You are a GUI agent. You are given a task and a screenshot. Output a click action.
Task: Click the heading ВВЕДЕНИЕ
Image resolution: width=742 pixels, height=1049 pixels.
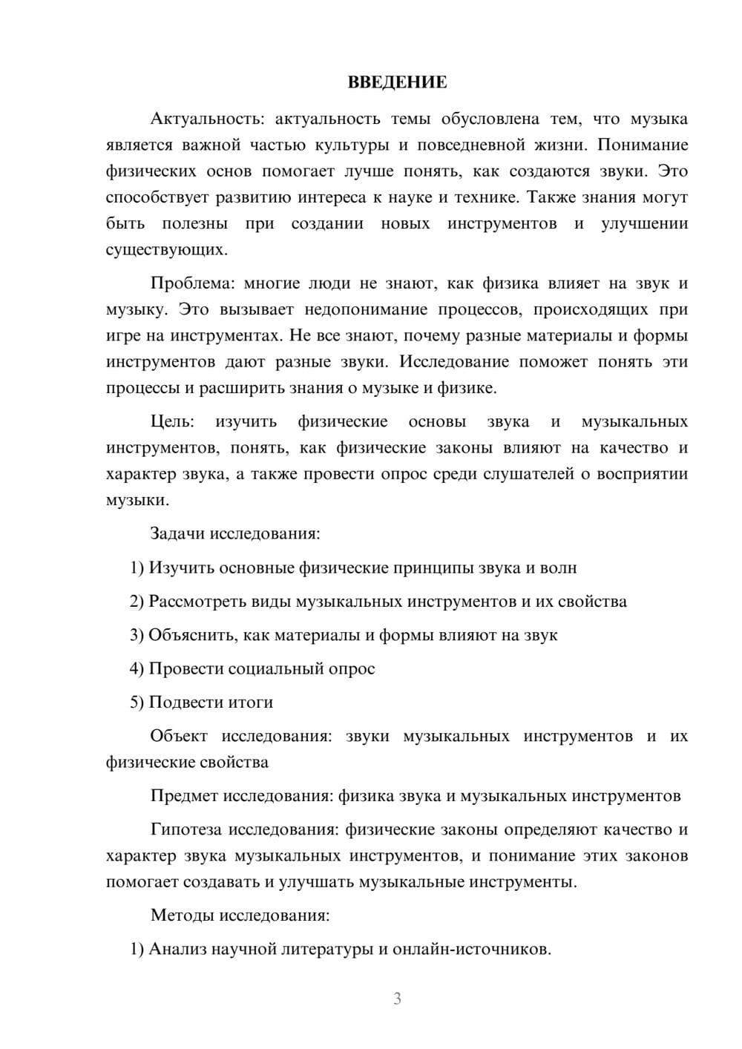tap(397, 82)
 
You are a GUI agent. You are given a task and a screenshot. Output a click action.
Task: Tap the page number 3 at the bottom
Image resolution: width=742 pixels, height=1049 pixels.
tap(397, 999)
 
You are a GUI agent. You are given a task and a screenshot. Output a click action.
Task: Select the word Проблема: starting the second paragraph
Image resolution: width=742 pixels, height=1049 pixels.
tap(192, 283)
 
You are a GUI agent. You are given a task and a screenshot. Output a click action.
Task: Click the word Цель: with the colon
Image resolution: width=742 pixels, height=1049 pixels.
tap(172, 422)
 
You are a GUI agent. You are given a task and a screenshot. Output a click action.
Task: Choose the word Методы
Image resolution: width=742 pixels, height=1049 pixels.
tap(182, 915)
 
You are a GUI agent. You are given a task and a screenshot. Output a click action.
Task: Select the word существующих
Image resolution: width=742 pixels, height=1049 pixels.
tap(166, 250)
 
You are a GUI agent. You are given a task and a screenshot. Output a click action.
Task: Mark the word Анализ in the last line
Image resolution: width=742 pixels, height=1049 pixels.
tap(177, 950)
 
